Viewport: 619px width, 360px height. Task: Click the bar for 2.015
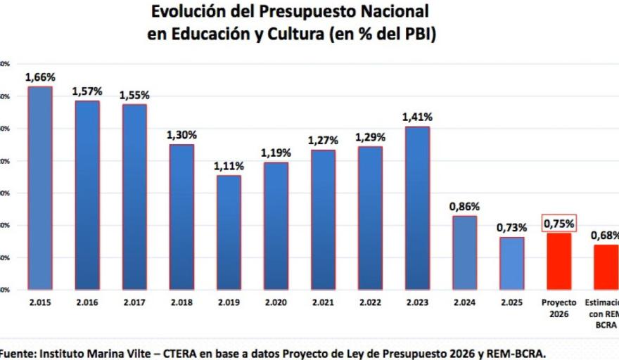(x=40, y=187)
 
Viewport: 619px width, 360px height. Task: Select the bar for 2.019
(x=229, y=232)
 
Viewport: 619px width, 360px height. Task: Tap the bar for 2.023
(x=417, y=207)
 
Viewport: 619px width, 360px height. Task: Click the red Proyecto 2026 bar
(x=559, y=260)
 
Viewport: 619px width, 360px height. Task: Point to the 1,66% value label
(x=40, y=77)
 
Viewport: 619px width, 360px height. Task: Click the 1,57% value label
(x=87, y=91)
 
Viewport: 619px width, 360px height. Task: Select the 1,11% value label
(x=229, y=167)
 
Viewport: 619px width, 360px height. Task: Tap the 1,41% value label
(x=417, y=117)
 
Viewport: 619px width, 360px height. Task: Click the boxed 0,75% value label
(x=559, y=224)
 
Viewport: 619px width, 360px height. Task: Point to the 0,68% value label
(x=604, y=236)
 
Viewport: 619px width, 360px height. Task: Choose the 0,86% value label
(x=464, y=207)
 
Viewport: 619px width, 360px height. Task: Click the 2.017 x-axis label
(x=134, y=302)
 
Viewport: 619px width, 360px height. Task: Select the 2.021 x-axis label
(x=323, y=302)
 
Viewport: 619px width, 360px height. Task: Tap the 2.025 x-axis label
(x=511, y=302)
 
